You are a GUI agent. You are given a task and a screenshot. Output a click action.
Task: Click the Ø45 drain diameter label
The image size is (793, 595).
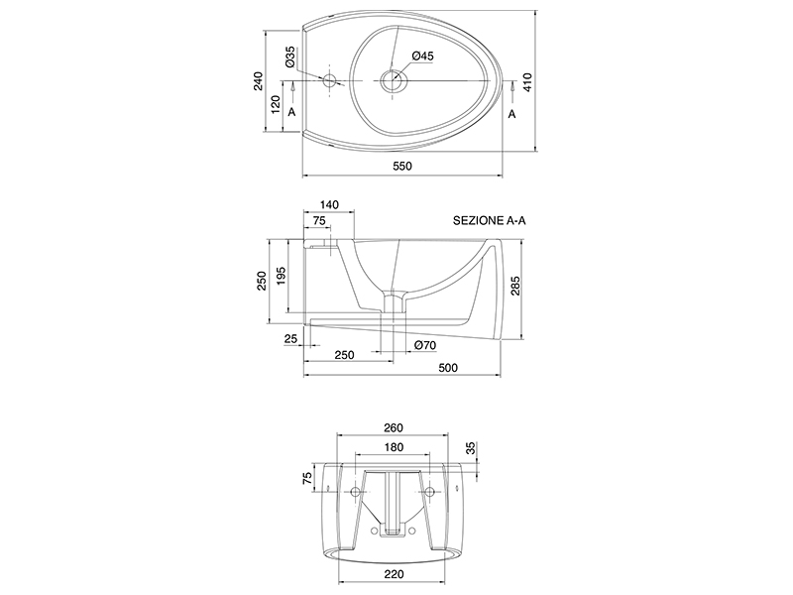click(x=423, y=57)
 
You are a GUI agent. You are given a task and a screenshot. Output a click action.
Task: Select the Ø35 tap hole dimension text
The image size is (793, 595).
click(x=289, y=57)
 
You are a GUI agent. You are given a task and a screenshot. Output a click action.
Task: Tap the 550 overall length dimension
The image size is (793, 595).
click(x=402, y=166)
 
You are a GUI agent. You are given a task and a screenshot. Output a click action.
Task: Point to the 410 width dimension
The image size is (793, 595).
click(x=527, y=82)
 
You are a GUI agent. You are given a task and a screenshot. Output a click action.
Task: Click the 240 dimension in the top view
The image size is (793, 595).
click(x=259, y=81)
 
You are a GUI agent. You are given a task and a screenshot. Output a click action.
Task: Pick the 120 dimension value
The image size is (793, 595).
click(x=276, y=105)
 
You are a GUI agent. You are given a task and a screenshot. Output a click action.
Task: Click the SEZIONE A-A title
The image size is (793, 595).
click(x=489, y=220)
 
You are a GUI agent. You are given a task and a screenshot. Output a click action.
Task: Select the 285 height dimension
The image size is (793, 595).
click(x=514, y=286)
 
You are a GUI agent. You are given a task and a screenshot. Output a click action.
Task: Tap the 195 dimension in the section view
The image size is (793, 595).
click(x=281, y=276)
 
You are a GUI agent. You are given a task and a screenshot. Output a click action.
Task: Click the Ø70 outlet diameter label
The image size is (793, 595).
click(x=425, y=345)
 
